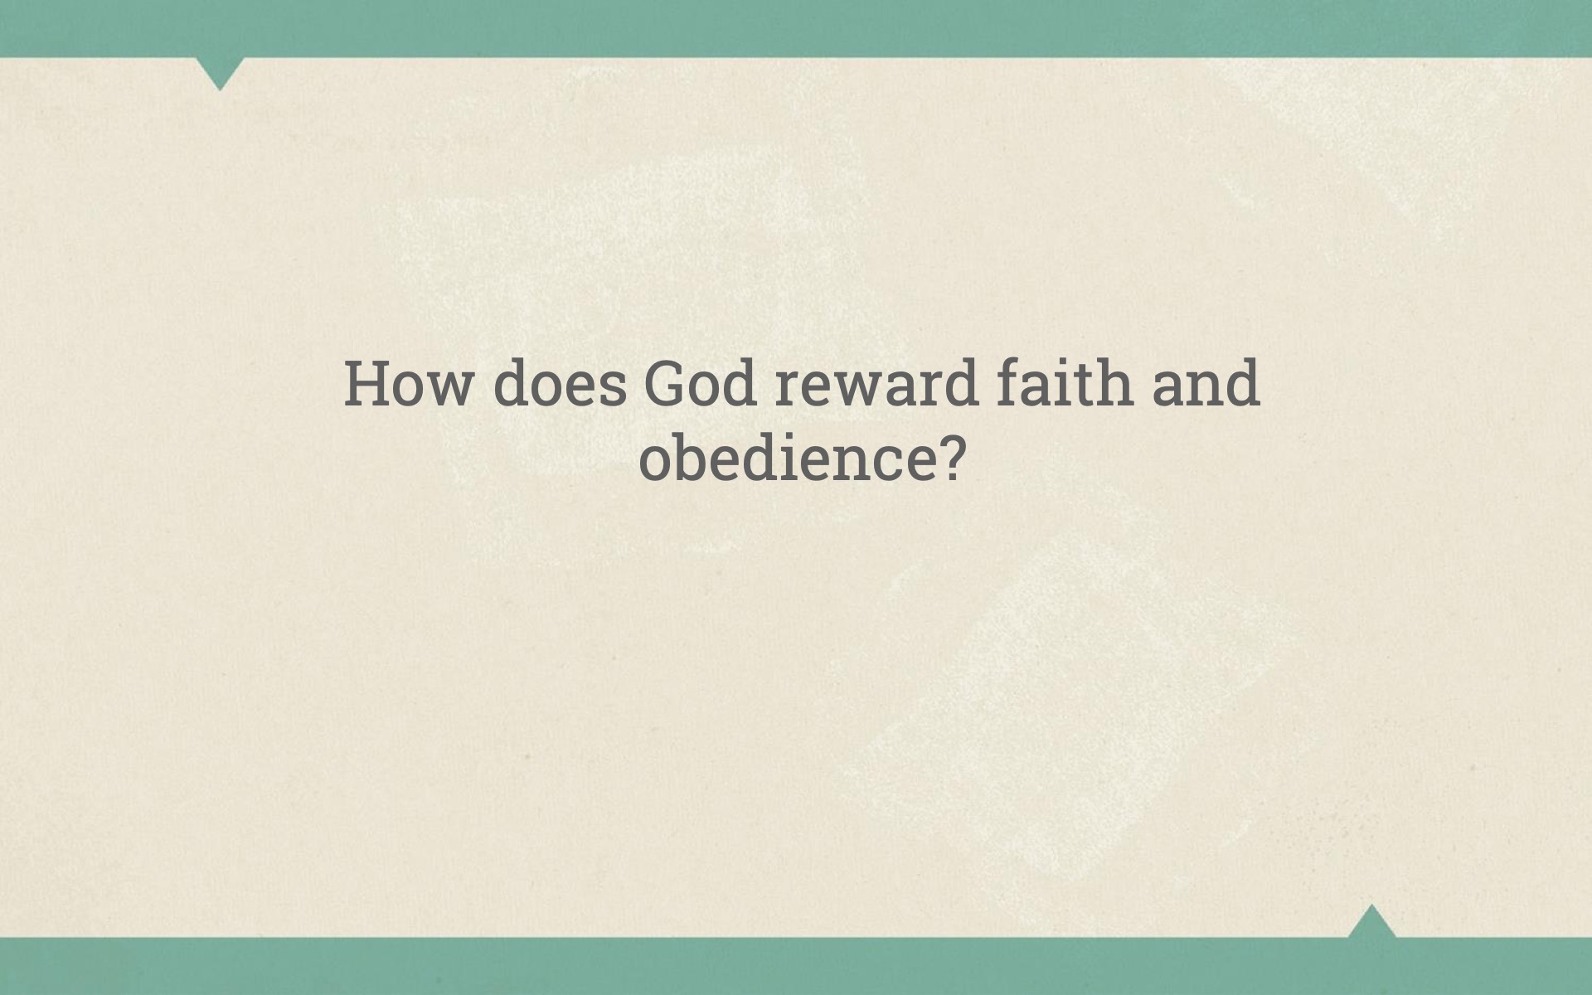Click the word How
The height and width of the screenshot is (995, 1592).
click(407, 384)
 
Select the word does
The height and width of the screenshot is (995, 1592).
click(561, 383)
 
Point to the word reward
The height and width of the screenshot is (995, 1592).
click(876, 383)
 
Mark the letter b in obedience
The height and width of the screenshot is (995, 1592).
click(694, 457)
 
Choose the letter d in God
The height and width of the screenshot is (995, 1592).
click(738, 383)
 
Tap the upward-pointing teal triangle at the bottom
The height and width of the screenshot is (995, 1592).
click(1371, 922)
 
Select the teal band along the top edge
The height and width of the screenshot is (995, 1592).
click(796, 28)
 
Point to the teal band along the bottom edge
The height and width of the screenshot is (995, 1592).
click(796, 966)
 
